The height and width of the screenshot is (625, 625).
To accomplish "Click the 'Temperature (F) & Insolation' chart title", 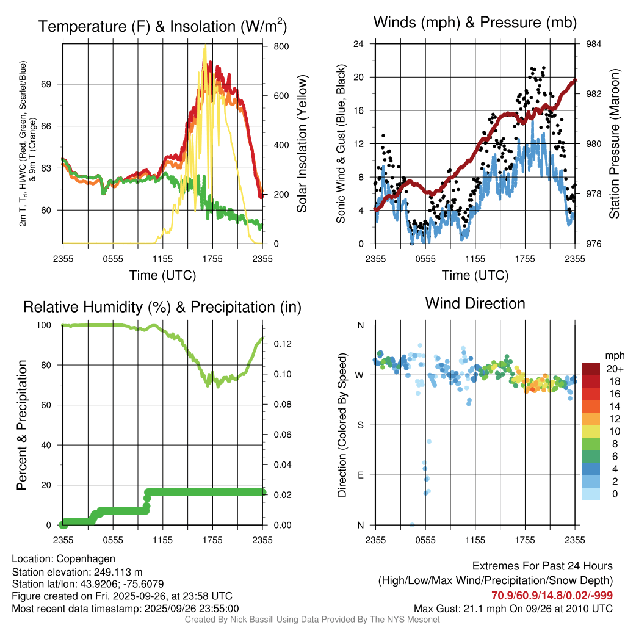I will coord(162,26).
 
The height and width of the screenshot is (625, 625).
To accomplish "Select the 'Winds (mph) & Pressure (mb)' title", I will coord(475,23).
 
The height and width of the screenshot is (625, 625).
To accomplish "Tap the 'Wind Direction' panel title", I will coord(475,303).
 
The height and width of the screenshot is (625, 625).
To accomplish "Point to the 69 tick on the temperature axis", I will coord(54,84).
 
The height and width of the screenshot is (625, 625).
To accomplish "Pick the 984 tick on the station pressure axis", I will coord(594,44).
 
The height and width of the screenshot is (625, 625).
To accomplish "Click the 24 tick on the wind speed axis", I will coord(359,44).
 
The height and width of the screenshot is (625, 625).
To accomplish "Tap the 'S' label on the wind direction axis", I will coord(361,425).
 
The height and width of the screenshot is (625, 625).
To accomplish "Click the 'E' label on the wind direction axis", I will coord(361,475).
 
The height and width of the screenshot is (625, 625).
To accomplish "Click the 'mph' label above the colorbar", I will coord(613,355).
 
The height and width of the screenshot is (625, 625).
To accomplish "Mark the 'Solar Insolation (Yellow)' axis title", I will coord(302,144).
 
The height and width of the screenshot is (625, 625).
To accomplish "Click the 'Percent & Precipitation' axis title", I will coord(23,425).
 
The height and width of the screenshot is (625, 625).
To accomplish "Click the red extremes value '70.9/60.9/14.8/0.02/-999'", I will coord(552,595).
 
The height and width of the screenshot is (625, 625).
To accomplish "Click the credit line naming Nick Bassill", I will coord(312,620).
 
